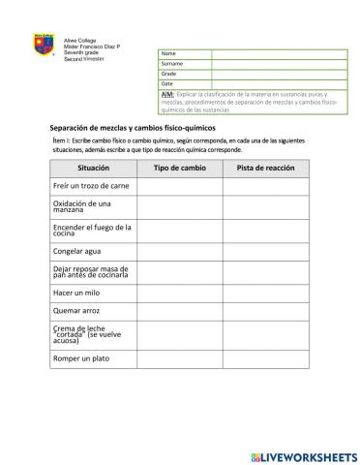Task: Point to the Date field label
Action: [167, 84]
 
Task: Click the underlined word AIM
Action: [167, 94]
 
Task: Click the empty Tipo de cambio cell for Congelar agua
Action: [179, 251]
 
